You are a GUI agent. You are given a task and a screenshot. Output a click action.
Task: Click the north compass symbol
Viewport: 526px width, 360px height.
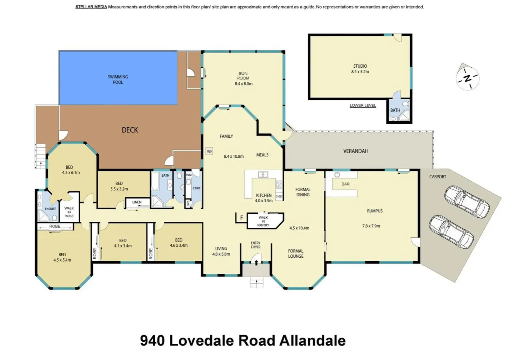467,78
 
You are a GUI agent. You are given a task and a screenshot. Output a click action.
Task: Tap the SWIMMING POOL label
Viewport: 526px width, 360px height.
118,79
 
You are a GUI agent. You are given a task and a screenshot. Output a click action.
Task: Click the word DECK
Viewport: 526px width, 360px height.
130,130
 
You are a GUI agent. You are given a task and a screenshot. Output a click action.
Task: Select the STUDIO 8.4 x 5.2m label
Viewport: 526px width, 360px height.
360,69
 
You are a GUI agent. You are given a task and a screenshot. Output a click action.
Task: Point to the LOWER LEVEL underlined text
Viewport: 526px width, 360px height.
363,105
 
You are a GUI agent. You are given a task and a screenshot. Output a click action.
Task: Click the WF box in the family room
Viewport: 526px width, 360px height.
209,151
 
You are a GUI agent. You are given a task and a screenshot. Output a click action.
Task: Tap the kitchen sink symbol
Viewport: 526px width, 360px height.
263,174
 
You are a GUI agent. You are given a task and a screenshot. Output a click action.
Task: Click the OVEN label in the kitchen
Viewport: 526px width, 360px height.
279,196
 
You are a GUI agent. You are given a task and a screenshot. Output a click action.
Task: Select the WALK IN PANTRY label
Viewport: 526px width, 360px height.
263,221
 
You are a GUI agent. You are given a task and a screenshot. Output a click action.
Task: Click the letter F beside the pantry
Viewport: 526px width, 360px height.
241,218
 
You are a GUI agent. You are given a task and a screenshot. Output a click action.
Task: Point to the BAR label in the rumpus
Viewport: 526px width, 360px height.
346,184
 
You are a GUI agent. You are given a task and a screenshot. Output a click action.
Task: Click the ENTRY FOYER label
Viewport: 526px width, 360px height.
255,245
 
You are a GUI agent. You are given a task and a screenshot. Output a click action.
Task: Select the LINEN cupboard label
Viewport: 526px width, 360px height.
137,202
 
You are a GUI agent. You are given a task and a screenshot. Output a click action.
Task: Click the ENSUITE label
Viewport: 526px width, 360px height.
50,209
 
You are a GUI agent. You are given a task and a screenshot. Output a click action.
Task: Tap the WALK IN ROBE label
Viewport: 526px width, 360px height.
69,212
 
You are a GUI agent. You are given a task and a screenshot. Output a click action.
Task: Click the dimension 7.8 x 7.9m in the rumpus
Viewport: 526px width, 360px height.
371,226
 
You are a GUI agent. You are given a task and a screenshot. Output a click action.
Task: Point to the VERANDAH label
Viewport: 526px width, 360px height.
356,151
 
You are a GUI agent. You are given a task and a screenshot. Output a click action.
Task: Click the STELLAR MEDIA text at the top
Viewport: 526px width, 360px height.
91,7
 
